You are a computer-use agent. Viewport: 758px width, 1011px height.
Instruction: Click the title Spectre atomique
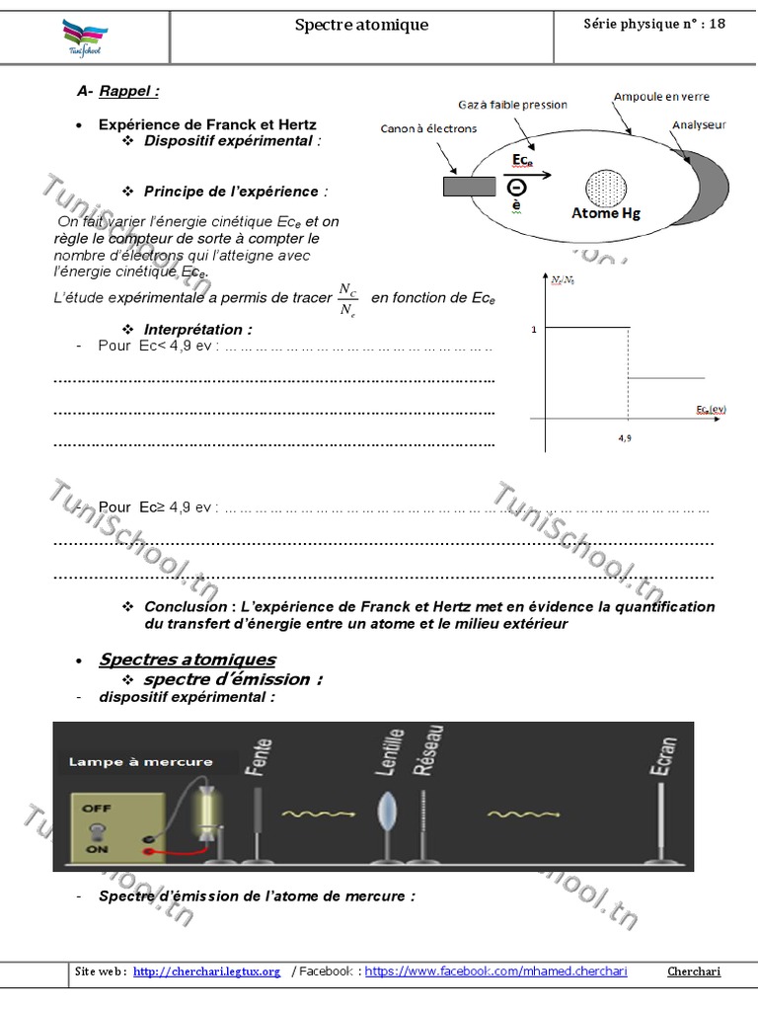(x=361, y=25)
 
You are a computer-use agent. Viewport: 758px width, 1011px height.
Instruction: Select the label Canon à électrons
(x=429, y=128)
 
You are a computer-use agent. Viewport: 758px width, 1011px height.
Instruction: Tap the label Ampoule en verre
(x=660, y=97)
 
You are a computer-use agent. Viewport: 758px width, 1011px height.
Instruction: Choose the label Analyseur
(x=700, y=125)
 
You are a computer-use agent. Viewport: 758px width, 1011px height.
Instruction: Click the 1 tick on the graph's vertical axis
(x=534, y=329)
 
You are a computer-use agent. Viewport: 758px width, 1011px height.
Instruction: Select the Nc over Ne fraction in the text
(x=347, y=299)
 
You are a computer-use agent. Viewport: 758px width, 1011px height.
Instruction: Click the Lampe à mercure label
(x=140, y=761)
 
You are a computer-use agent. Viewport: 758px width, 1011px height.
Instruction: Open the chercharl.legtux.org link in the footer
(x=206, y=972)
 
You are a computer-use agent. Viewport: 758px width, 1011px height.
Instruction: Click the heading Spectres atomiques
(x=188, y=660)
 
